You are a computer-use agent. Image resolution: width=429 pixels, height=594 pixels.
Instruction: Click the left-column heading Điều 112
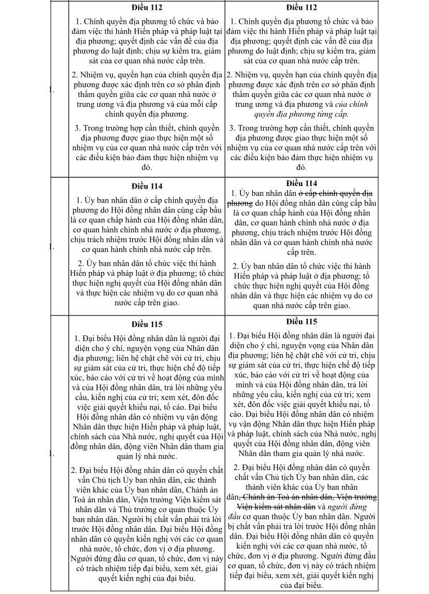(147, 7)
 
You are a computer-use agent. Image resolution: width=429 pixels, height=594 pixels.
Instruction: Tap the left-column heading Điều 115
(147, 324)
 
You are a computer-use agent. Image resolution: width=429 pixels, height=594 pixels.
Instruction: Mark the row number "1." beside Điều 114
(51, 247)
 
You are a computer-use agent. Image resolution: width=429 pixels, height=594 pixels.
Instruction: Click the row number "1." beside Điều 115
(51, 454)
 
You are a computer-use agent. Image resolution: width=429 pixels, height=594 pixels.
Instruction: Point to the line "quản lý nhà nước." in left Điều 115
(147, 456)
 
